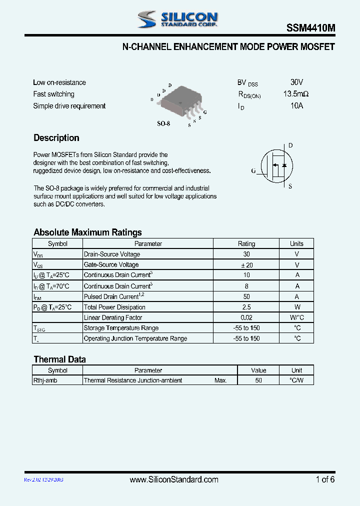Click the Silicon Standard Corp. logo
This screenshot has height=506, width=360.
pyautogui.click(x=177, y=19)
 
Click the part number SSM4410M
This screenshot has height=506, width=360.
pyautogui.click(x=310, y=29)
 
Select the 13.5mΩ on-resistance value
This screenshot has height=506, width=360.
pyautogui.click(x=295, y=94)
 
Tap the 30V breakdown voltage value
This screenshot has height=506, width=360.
pyautogui.click(x=296, y=82)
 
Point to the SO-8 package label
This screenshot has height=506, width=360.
pyautogui.click(x=163, y=123)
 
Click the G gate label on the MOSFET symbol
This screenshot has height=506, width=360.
pyautogui.click(x=253, y=171)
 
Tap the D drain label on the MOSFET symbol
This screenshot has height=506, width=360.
pyautogui.click(x=290, y=145)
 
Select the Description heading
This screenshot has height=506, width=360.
pyautogui.click(x=56, y=138)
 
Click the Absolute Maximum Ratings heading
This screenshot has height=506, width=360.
pyautogui.click(x=87, y=232)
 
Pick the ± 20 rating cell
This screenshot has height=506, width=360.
pyautogui.click(x=246, y=265)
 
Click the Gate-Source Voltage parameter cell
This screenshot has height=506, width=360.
pyautogui.click(x=111, y=265)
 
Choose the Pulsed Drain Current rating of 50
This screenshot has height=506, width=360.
pyautogui.click(x=246, y=297)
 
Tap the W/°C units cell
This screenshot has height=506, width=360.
pyautogui.click(x=296, y=318)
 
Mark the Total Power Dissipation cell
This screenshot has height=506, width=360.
pyautogui.click(x=114, y=307)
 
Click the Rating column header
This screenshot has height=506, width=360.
pyautogui.click(x=246, y=244)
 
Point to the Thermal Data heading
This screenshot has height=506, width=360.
pyautogui.click(x=59, y=359)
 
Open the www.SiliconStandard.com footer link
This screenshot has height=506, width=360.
pyautogui.click(x=174, y=480)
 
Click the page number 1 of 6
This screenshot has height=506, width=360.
pyautogui.click(x=325, y=480)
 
